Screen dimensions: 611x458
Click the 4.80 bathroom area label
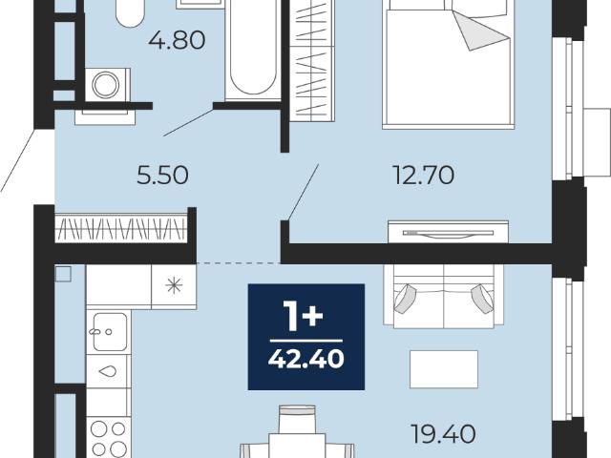coord(177,40)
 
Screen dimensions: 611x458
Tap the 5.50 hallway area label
coord(162,175)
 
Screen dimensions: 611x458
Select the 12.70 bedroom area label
coord(424,175)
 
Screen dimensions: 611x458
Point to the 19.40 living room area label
coord(443,434)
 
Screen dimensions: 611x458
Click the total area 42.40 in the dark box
coord(305,359)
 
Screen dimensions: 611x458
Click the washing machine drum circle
coord(105,85)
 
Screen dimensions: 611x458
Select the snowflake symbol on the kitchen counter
coord(174,286)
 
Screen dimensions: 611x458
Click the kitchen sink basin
coord(110,332)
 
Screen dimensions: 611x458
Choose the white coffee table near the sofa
coord(444,369)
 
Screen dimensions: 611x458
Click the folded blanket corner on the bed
coord(481,31)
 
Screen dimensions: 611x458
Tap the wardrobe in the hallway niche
coord(121,228)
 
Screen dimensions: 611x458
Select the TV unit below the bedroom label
coord(448,232)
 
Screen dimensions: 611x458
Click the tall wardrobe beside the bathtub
coord(312,60)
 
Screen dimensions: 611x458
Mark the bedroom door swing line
coord(303,193)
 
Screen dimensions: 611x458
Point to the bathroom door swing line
coord(188,123)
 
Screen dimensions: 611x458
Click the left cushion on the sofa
coord(405,299)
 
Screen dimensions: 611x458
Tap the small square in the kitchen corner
coord(63,274)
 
